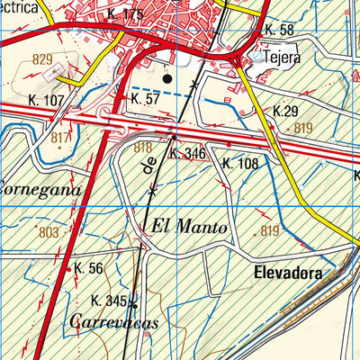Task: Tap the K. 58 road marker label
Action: click(279, 31)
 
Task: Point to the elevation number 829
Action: click(41, 58)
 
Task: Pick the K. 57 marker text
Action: click(145, 97)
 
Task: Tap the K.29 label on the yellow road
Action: click(284, 111)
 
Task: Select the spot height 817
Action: click(60, 137)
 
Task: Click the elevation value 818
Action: click(143, 146)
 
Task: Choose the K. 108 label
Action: click(239, 164)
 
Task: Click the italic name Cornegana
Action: click(40, 190)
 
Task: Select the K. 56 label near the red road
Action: click(89, 268)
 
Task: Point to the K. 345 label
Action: click(109, 300)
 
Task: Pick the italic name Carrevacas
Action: click(112, 321)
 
